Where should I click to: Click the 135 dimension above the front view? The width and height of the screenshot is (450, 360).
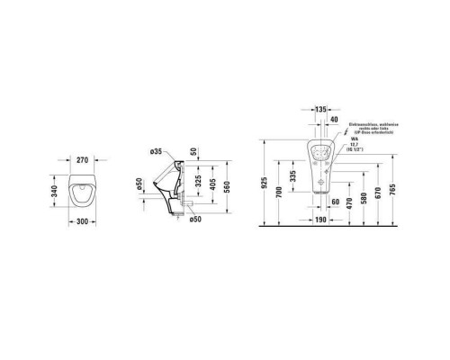click(x=320, y=109)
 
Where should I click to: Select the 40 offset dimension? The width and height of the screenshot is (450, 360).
click(x=335, y=120)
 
